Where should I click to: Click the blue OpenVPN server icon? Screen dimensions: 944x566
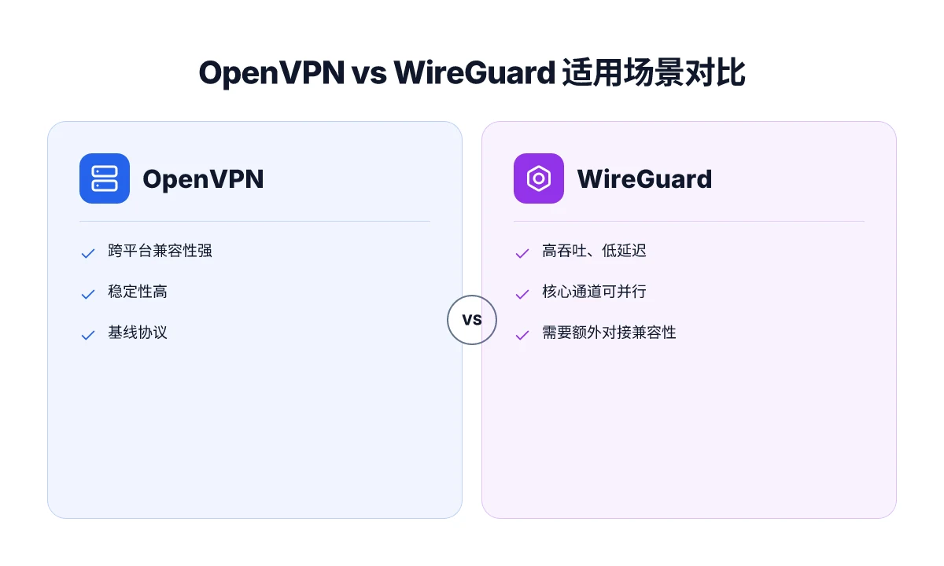pos(105,178)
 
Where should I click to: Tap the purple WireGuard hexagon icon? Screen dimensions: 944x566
pos(539,178)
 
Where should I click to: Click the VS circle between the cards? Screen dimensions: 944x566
pos(472,320)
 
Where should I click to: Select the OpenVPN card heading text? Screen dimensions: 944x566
pos(203,179)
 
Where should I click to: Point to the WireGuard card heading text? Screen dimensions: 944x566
pos(644,179)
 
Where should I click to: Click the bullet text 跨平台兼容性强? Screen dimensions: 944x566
pos(160,251)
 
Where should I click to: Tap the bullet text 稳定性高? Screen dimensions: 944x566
pos(138,292)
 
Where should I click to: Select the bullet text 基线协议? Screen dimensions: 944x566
pos(138,333)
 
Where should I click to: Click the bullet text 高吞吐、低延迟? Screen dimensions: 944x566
pos(594,251)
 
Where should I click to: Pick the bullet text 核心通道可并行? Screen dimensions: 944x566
pos(594,292)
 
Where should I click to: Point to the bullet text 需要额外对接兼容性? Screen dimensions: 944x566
pos(609,333)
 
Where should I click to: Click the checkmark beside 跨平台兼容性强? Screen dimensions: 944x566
pos(88,253)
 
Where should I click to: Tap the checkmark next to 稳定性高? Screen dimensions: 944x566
pos(88,294)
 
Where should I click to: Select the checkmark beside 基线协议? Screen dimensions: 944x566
pos(88,335)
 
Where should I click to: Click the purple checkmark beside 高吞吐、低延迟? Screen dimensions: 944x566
pos(522,253)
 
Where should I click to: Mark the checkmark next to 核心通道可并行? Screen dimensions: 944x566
pos(522,294)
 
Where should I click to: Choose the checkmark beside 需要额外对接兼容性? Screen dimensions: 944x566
pos(522,335)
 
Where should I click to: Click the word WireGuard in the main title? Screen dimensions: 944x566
pos(474,72)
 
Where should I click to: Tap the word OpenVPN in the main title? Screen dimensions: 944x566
pos(272,73)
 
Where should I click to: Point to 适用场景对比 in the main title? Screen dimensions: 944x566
pos(654,72)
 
